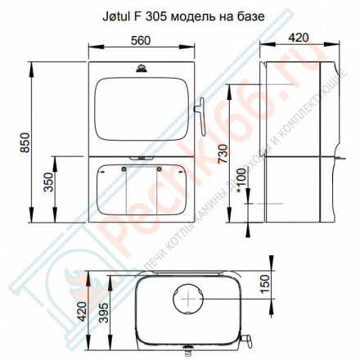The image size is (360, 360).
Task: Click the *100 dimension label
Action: pyautogui.click(x=237, y=198)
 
